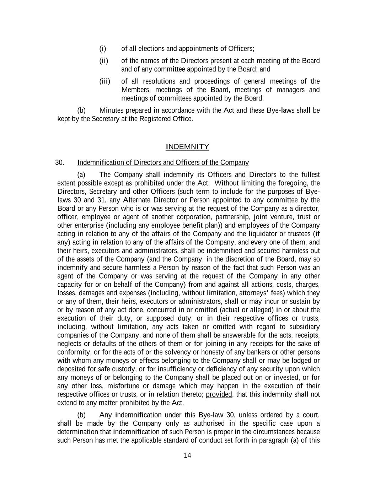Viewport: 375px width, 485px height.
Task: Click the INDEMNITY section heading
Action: tap(187, 147)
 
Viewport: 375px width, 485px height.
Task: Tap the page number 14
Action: tap(187, 456)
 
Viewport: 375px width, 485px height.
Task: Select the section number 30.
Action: tap(59, 163)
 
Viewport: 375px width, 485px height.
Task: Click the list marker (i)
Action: tap(102, 49)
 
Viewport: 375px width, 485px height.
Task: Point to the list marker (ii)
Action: tap(103, 61)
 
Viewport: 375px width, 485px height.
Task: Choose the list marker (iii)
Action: tap(105, 81)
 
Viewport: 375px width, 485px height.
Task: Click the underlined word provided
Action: tap(219, 394)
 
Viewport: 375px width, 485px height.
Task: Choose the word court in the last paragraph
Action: tap(310, 415)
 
